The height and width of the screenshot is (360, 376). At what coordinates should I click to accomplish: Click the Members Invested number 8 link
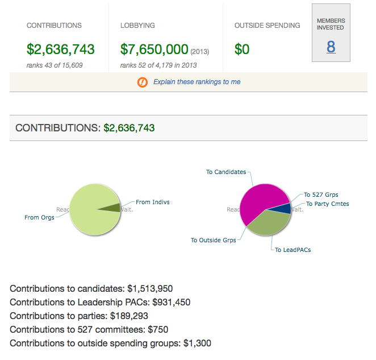click(x=331, y=47)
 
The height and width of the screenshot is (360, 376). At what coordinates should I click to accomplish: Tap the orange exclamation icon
click(x=142, y=82)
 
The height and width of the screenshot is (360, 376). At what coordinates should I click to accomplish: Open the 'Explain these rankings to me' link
click(x=197, y=82)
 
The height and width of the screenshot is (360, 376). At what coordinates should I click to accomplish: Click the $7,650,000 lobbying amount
click(x=154, y=49)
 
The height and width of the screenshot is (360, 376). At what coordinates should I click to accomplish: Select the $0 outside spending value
click(x=242, y=49)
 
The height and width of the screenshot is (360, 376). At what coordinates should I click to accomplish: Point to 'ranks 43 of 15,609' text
click(x=55, y=65)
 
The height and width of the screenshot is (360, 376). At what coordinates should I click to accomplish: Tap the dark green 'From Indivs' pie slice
click(x=112, y=208)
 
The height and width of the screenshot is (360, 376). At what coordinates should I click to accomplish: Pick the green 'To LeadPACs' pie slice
click(x=269, y=226)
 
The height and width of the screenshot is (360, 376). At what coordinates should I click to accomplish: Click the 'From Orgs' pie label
click(x=39, y=217)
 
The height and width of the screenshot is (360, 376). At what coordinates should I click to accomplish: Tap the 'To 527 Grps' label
click(x=321, y=195)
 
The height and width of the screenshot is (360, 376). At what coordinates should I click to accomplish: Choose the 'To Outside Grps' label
click(x=213, y=240)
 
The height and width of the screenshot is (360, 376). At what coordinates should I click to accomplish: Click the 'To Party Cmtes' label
click(x=327, y=204)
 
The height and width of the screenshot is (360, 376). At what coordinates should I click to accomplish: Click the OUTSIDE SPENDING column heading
click(x=267, y=26)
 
